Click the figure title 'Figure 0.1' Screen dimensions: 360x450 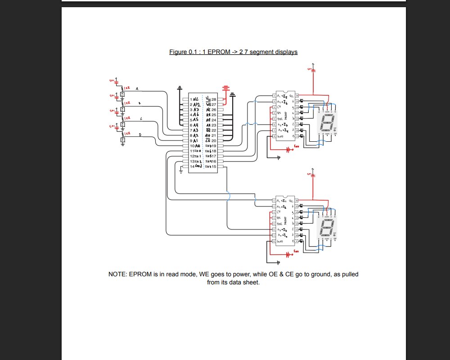182,52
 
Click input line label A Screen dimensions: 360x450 137,89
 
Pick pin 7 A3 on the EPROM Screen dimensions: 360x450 195,130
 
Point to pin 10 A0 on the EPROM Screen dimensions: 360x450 195,146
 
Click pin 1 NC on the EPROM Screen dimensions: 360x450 195,99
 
